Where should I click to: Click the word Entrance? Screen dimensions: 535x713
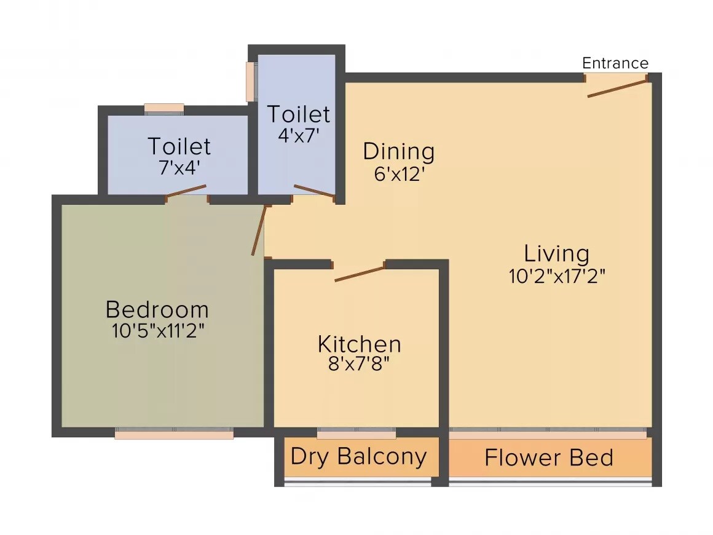(x=615, y=63)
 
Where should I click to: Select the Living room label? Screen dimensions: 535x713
(x=556, y=253)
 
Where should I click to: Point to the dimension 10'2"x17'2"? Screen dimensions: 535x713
(x=557, y=277)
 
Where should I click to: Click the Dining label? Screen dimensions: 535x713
(x=398, y=151)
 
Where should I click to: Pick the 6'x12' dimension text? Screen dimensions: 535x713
(x=400, y=174)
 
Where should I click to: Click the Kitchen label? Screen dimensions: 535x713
(x=359, y=344)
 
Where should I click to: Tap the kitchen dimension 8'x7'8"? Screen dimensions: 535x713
(x=359, y=364)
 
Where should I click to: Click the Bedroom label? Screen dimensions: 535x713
(x=157, y=309)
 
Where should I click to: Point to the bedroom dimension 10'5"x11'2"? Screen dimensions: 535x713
(x=157, y=331)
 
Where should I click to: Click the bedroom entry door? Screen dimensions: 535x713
(x=259, y=230)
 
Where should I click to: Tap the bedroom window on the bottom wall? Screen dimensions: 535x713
(x=174, y=434)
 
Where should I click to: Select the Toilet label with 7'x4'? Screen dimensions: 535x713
(x=179, y=146)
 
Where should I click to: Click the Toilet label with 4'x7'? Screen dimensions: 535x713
(x=298, y=114)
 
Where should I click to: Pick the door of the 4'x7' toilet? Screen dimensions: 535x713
(x=314, y=191)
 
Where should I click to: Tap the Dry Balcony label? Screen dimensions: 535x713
(x=358, y=457)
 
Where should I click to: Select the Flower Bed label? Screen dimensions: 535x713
(x=548, y=458)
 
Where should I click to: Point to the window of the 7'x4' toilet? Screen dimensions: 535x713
(x=164, y=108)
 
